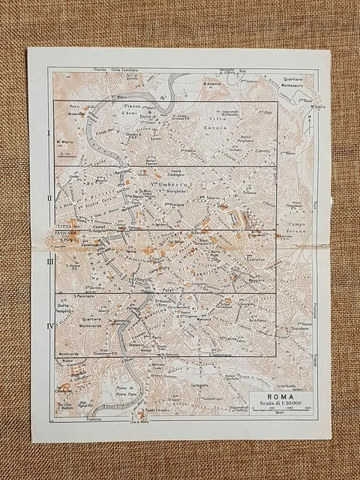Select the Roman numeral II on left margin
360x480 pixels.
[49, 197]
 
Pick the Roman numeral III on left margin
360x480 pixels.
[49, 261]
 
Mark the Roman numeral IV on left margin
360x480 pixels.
[49, 325]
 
